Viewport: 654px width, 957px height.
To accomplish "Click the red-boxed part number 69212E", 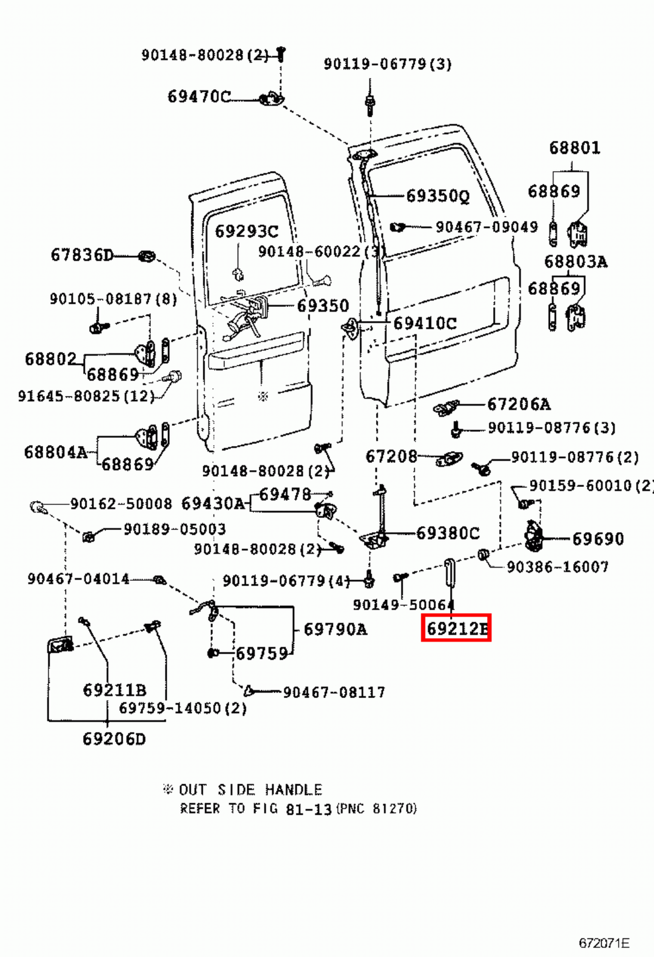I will (456, 628).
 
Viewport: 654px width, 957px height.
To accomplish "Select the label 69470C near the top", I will (198, 96).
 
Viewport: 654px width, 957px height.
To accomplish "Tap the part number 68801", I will (574, 148).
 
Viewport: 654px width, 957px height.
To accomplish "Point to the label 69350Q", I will (438, 196).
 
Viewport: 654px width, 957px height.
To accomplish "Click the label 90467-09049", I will (486, 227).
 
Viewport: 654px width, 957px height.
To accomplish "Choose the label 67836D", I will (82, 255).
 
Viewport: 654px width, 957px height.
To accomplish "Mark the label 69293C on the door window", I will (246, 231).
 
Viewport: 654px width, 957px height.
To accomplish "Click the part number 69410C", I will (424, 324).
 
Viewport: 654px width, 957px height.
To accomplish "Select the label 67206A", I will (518, 404).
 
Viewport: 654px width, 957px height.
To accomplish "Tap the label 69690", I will (598, 539).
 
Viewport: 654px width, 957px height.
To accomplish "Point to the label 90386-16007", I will (557, 566).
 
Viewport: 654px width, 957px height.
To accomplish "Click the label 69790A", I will (335, 629).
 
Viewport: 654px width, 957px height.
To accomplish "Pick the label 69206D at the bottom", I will (114, 739).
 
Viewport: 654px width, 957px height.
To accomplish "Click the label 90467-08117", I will (334, 693).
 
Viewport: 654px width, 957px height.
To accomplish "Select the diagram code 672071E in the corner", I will (604, 943).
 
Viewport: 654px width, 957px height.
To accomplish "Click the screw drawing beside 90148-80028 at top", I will (282, 54).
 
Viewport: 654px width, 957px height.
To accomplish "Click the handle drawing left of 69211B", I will (60, 645).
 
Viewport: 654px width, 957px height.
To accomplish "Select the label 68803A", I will (575, 262).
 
